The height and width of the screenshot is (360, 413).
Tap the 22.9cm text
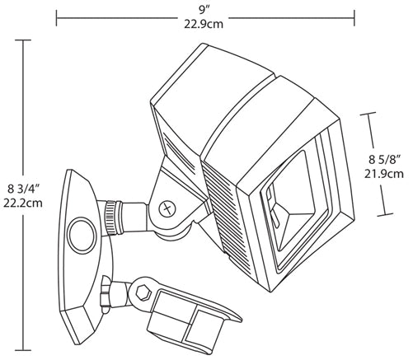point(204,25)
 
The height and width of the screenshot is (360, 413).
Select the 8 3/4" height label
point(23,189)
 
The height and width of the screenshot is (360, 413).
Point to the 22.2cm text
point(23,203)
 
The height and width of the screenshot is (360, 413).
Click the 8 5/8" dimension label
point(384,160)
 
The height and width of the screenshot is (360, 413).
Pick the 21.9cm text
point(384,174)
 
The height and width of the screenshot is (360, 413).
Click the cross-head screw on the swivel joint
point(167,208)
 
